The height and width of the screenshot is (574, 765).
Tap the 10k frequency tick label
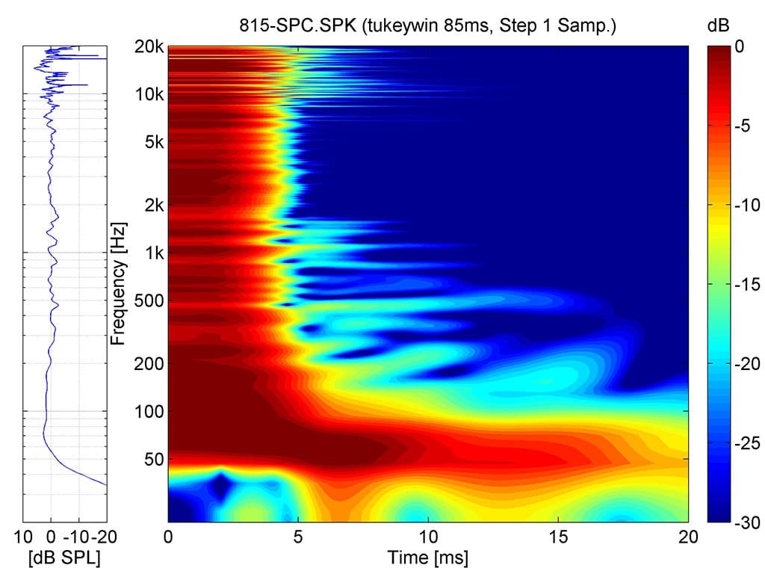pos(149,95)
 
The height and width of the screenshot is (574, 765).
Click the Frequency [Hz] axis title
pos(118,283)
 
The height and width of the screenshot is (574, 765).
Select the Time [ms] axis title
pos(427,557)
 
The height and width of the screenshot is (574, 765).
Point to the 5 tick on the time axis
pos(298,537)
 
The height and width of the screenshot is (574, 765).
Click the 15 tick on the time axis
pos(558,537)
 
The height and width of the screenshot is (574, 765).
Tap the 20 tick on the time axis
pos(688,537)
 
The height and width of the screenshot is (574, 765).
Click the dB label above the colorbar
pos(716,26)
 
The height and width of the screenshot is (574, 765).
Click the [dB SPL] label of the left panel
pos(64,557)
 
